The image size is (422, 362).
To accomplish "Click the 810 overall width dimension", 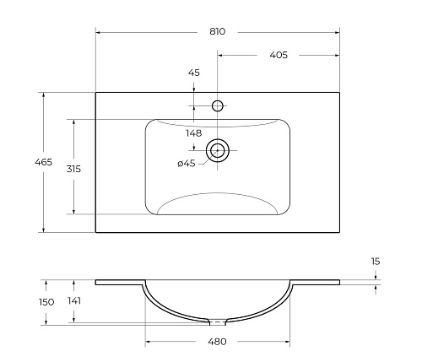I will [218, 31].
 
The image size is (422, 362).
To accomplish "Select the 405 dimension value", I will [279, 55].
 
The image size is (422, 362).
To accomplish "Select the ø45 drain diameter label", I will [186, 164].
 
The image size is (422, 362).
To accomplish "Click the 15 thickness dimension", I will [375, 262].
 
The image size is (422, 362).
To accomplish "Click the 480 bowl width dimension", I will [218, 342].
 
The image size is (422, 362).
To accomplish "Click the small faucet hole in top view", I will [218, 105].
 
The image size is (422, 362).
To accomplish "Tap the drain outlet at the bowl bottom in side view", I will [218, 321].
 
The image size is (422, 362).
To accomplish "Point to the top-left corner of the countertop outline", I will [96, 92].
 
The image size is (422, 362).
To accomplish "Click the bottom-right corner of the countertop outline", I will [340, 232].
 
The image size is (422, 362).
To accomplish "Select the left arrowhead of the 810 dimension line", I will [99, 32].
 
